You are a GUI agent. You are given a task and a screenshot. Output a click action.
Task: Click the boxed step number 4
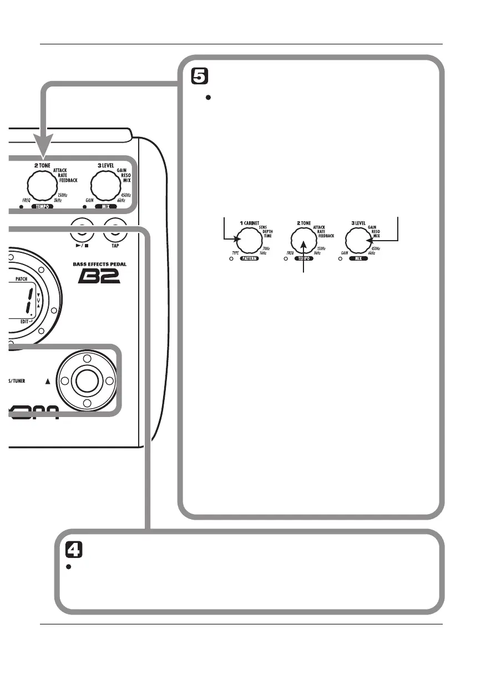click(74, 550)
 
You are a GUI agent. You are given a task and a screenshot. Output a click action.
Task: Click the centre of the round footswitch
click(87, 380)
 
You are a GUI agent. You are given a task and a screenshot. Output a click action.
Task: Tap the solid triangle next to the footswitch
click(47, 381)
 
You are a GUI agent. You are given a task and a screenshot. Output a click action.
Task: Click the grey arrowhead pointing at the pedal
click(42, 146)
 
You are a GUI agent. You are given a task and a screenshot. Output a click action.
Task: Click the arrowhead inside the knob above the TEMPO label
click(303, 244)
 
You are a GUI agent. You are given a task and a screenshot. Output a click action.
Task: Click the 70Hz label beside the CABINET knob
click(267, 248)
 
